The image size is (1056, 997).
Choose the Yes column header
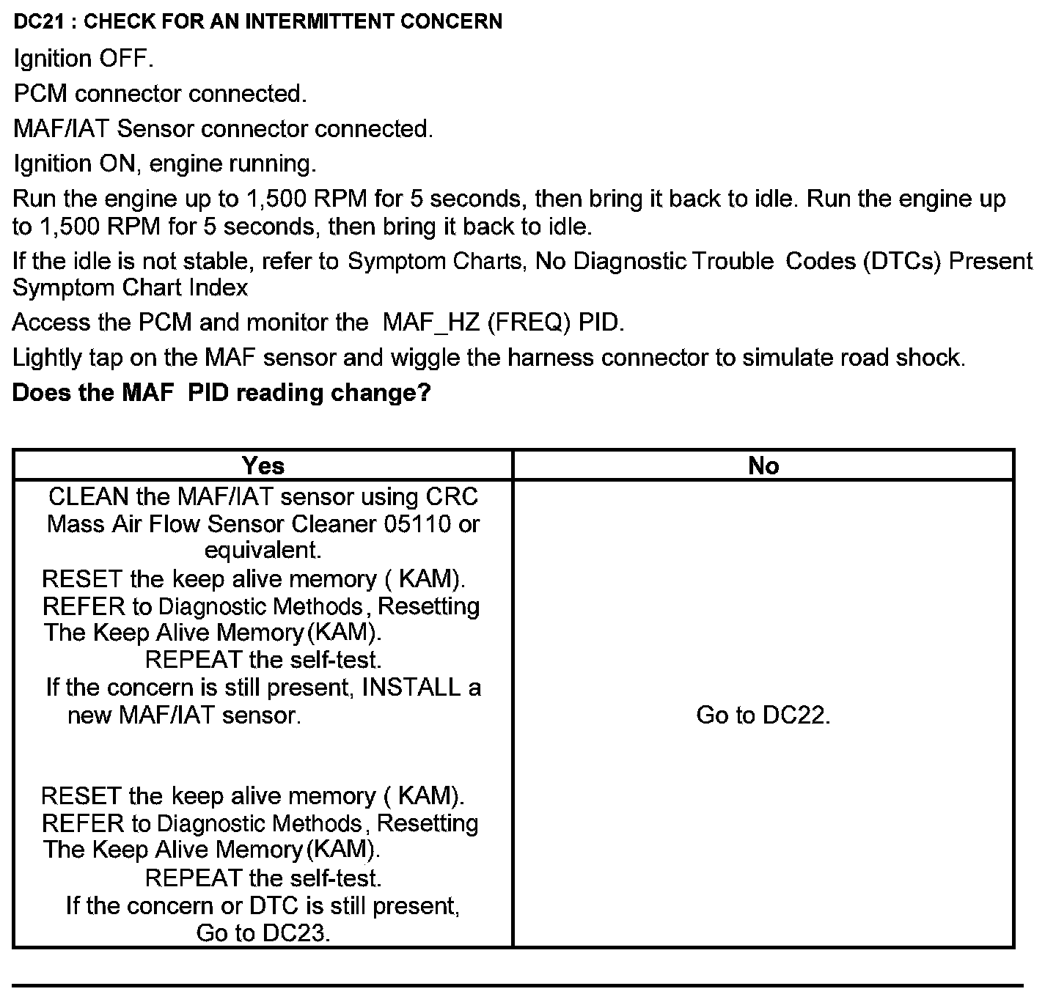tap(263, 466)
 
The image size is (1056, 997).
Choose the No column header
tap(763, 466)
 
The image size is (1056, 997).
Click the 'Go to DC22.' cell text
tap(763, 715)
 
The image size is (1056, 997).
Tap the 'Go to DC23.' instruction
tap(263, 933)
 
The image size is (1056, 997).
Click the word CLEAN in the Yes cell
tap(88, 497)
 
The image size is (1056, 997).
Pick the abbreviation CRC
tap(452, 497)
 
